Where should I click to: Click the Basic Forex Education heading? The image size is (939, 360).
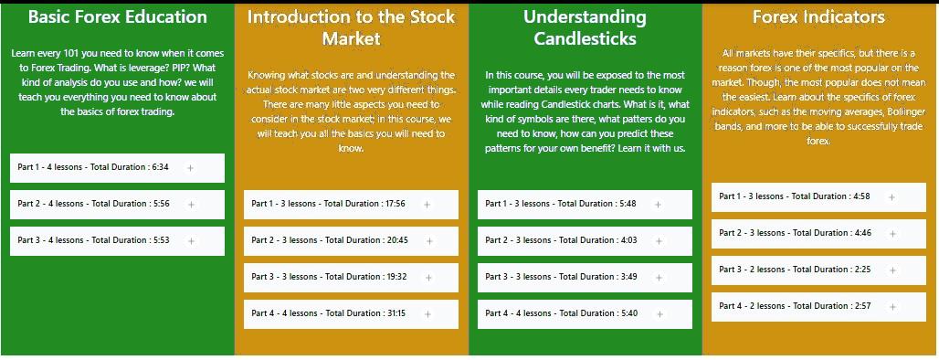[x=117, y=16]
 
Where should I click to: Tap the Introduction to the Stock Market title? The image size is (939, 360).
[x=352, y=27]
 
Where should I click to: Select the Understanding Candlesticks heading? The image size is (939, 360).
[x=586, y=27]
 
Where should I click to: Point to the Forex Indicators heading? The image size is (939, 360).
[x=818, y=17]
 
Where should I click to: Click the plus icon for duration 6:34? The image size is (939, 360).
[x=190, y=168]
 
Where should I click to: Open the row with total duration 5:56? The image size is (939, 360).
[x=117, y=205]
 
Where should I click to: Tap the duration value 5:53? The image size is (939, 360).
[x=161, y=240]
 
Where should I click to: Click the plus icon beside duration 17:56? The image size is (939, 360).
[x=427, y=205]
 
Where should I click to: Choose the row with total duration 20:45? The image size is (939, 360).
[x=351, y=241]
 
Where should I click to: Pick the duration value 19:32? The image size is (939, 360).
[x=396, y=277]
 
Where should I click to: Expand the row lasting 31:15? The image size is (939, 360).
[x=351, y=314]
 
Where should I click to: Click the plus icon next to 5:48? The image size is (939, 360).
[x=659, y=205]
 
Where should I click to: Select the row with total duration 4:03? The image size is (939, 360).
[x=585, y=241]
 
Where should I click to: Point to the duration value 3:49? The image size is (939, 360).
[x=628, y=277]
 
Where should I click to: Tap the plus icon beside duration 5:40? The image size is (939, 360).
[x=659, y=314]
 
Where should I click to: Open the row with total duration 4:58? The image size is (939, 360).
[x=818, y=197]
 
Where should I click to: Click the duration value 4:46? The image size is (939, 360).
[x=862, y=233]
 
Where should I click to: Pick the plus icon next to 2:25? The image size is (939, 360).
[x=893, y=270]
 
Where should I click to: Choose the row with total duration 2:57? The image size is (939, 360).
[x=818, y=307]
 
